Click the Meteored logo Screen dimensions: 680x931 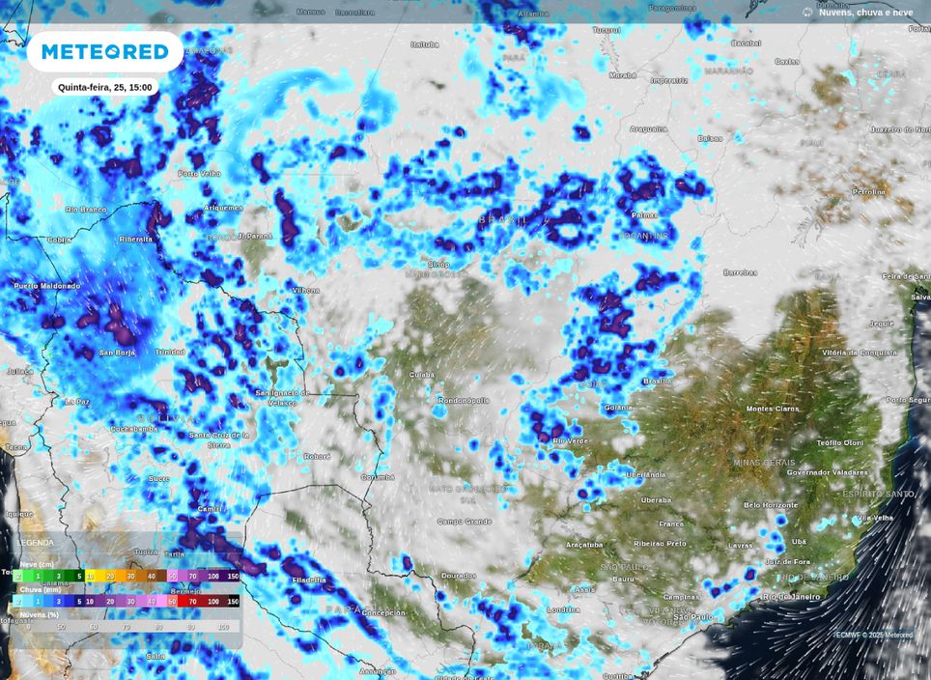104,51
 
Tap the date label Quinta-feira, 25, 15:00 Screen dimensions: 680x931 104,87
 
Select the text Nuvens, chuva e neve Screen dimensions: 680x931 865,13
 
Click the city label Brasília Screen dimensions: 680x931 657,382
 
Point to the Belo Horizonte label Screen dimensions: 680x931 771,505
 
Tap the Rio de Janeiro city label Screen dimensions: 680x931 791,597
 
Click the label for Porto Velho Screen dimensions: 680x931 200,174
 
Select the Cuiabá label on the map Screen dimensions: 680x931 421,375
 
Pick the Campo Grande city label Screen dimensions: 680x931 465,522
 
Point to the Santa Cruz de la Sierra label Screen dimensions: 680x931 218,439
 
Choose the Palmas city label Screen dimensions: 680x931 643,215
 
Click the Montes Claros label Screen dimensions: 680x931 773,409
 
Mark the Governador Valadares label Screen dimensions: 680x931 827,472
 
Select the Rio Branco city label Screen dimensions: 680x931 86,210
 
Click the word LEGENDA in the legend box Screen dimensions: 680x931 36,543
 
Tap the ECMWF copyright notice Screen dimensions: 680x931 873,635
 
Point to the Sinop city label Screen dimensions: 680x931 438,264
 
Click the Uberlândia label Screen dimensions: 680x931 645,474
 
